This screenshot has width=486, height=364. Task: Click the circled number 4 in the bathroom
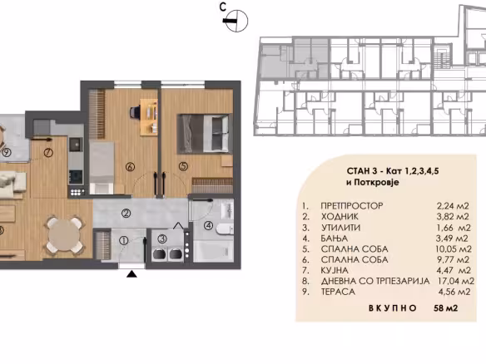pyautogui.click(x=209, y=225)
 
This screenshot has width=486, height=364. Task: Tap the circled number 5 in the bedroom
pyautogui.click(x=183, y=166)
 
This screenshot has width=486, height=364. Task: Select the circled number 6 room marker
pyautogui.click(x=130, y=167)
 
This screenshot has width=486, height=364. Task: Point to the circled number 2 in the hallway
pyautogui.click(x=126, y=213)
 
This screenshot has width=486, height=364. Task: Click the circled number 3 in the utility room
pyautogui.click(x=161, y=239)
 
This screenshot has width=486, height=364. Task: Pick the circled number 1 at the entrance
pyautogui.click(x=124, y=240)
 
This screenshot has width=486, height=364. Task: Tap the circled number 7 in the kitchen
pyautogui.click(x=48, y=152)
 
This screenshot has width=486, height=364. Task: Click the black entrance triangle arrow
pyautogui.click(x=132, y=274)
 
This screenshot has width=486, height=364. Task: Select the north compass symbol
pyautogui.click(x=236, y=21)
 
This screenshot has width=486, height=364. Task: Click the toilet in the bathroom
pyautogui.click(x=225, y=229)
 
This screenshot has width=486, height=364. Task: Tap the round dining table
pyautogui.click(x=63, y=234)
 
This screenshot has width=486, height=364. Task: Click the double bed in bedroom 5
pyautogui.click(x=205, y=134)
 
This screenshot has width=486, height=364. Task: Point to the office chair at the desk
pyautogui.click(x=135, y=111)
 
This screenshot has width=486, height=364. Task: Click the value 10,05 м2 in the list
pyautogui.click(x=454, y=249)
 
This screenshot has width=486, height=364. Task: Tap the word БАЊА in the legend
pyautogui.click(x=335, y=239)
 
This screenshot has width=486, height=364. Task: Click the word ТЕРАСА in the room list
pyautogui.click(x=338, y=292)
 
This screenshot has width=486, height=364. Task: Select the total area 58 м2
pyautogui.click(x=446, y=308)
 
